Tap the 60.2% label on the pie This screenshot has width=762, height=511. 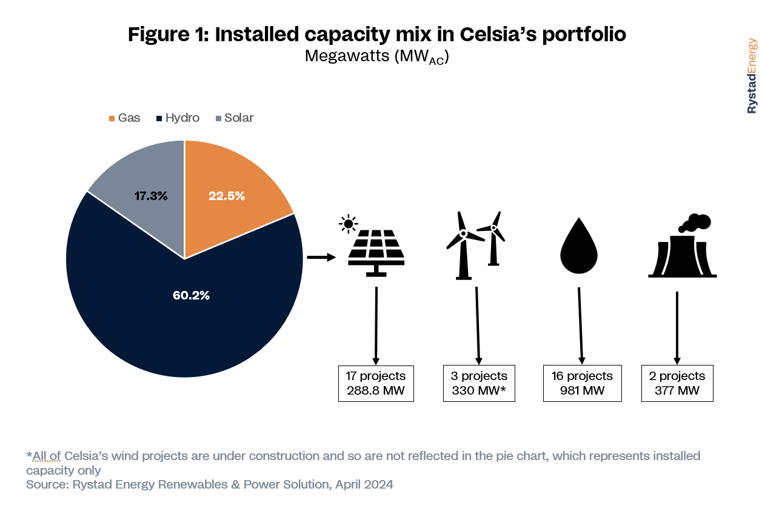[x=191, y=295]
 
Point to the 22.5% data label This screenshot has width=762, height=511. [x=227, y=196]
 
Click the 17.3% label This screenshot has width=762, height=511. [x=151, y=196]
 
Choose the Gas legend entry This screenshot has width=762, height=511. [x=124, y=118]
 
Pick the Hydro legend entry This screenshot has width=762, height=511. [x=178, y=118]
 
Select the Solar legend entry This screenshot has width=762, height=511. [x=235, y=118]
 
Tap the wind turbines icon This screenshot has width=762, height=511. [x=475, y=245]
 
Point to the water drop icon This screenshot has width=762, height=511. [x=579, y=245]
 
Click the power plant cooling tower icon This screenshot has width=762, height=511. [x=683, y=245]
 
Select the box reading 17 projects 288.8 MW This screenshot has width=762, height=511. [x=376, y=384]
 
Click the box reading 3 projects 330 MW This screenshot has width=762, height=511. [x=479, y=384]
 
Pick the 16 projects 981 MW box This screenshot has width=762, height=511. [x=582, y=384]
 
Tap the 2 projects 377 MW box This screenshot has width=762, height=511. [x=677, y=384]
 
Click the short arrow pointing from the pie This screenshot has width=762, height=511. [x=321, y=257]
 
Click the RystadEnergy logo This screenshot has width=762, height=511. [x=752, y=76]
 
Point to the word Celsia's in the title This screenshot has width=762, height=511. [x=498, y=34]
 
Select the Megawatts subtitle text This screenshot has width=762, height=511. [x=377, y=56]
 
